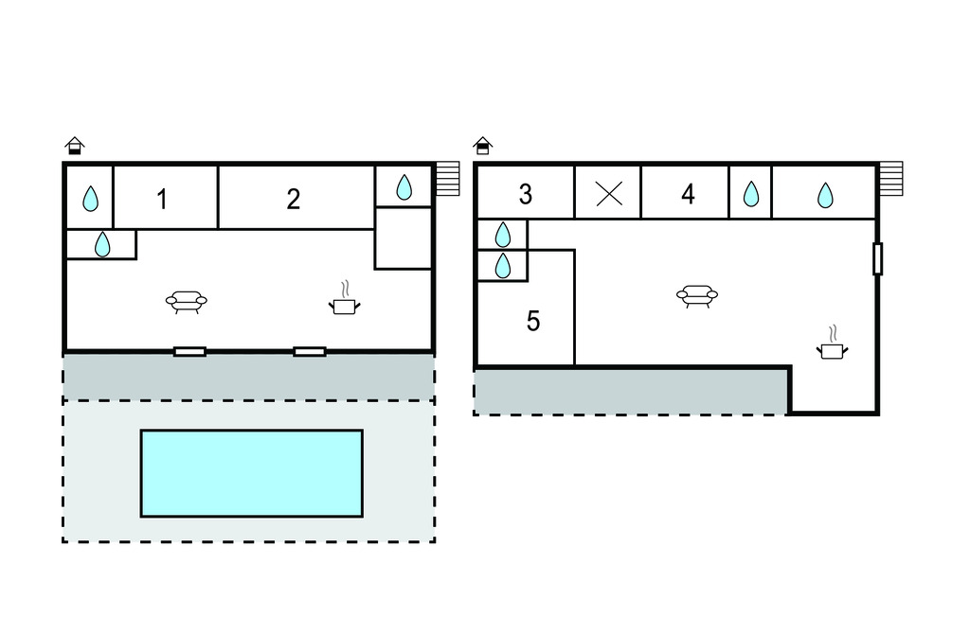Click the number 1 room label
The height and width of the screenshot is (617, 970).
point(163,200)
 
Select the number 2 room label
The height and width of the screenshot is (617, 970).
point(294,199)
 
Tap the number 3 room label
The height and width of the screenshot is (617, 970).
point(526,194)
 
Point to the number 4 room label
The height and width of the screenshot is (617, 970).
point(688,194)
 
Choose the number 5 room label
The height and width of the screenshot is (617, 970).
point(533,322)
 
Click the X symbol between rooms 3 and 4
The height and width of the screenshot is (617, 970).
point(608,194)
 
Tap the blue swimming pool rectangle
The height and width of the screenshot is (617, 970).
point(251,473)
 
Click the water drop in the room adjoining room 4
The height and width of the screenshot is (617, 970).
point(750,194)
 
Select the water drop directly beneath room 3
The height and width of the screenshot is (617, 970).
point(503,234)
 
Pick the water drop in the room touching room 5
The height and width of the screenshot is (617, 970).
point(503,265)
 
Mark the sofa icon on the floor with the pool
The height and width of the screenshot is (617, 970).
point(186,302)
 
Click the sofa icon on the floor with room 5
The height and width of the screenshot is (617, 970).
point(697,296)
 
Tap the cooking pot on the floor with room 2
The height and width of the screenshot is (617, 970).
point(345,302)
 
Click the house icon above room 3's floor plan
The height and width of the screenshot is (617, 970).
point(483,146)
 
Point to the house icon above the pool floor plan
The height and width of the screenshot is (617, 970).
point(75,146)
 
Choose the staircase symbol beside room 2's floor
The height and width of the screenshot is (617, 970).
point(448,179)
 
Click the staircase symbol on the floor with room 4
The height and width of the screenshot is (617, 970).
point(890,179)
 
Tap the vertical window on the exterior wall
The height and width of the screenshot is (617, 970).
point(877,258)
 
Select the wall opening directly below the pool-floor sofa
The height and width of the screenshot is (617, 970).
point(189,351)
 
